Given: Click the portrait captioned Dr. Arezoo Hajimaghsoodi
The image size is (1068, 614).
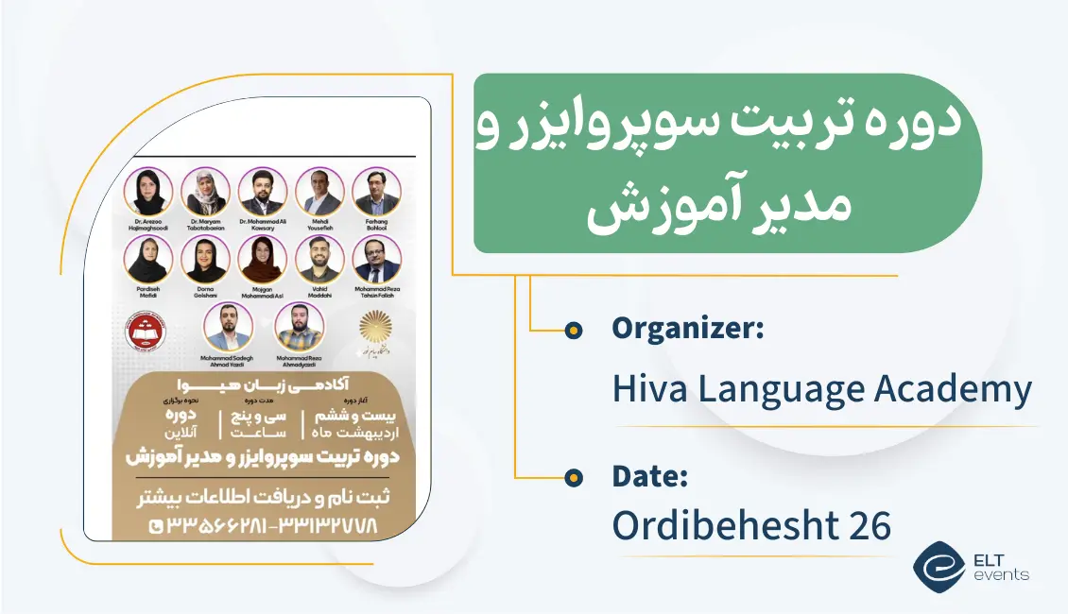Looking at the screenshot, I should [151, 192].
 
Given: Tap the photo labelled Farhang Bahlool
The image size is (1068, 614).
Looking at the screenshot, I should [376, 192].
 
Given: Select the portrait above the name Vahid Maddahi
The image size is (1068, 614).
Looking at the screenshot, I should [319, 259].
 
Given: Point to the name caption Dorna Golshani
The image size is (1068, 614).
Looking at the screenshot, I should [206, 292].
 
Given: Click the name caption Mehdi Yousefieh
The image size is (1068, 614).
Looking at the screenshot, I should [319, 225].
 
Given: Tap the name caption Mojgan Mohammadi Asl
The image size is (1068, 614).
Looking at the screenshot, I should [263, 292].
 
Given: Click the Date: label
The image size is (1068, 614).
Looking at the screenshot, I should [649, 477].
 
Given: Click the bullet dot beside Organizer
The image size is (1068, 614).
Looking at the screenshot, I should [573, 331].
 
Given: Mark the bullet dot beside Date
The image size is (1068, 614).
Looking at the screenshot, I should [573, 478].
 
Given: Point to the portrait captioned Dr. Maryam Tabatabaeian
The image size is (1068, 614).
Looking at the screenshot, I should [206, 192].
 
